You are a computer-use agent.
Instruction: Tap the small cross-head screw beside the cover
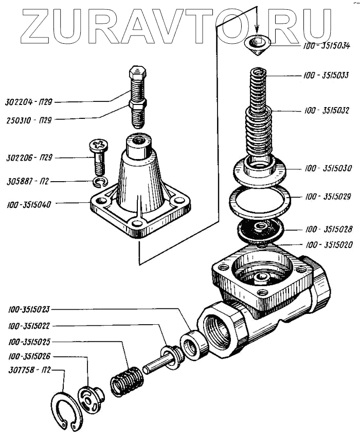[x=98, y=154]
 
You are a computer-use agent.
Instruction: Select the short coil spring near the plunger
[x=126, y=381]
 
